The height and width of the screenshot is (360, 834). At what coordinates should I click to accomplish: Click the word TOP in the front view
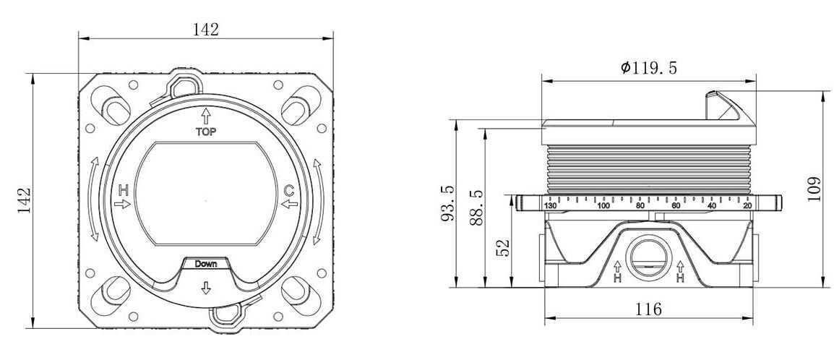pos(207,132)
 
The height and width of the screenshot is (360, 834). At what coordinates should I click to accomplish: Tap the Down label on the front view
pos(206,264)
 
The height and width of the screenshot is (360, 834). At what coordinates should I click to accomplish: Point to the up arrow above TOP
pos(207,116)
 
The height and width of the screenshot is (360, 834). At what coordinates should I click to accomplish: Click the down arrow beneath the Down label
pos(206,288)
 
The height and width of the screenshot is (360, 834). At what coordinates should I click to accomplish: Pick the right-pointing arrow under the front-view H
pos(123,204)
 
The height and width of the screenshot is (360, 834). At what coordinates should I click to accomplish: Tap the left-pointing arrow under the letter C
pos(289,204)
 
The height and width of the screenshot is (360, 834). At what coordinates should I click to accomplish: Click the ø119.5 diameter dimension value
pos(649,67)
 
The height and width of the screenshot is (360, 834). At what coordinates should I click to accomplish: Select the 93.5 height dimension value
pos(448,203)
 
